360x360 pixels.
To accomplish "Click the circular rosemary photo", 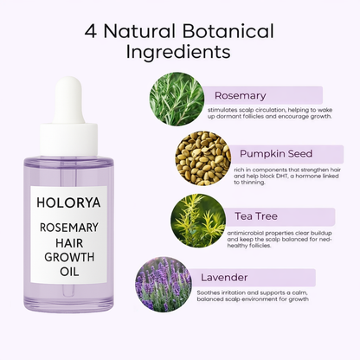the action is point(177,99).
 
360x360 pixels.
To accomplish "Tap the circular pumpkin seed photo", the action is point(203,158).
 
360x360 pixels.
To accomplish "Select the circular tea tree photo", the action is point(198,221).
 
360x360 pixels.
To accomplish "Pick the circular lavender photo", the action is point(164,285).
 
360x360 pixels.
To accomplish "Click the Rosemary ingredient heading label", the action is point(241,95).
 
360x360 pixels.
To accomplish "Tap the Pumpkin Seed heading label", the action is point(276,153).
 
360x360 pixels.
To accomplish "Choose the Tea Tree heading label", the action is point(256,216).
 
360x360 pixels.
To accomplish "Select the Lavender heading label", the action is point(224,278).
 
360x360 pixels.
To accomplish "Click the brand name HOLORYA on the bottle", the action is point(68,202).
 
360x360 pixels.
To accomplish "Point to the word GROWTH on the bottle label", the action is point(69,257).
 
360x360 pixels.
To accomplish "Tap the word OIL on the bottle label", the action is point(69,272).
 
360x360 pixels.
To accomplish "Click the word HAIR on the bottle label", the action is point(69,243).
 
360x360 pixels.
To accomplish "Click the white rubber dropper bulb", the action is point(68,100).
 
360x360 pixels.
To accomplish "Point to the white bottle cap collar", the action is point(68,139).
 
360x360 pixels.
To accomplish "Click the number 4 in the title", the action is point(91,31).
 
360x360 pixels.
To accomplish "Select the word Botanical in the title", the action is point(228,31).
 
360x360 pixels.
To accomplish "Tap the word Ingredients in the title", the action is point(178,52).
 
